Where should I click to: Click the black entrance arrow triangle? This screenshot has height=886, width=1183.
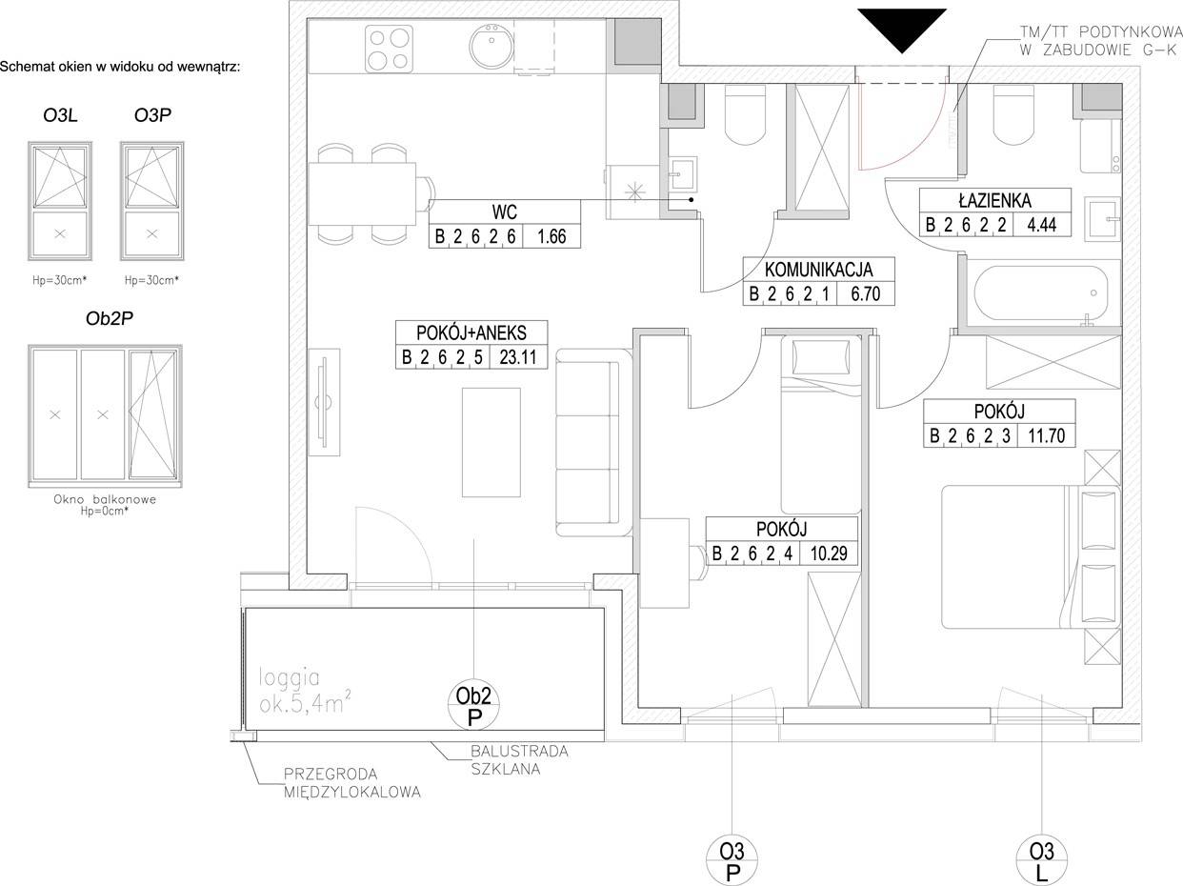(x=902, y=27)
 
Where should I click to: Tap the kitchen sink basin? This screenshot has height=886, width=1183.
(x=491, y=46)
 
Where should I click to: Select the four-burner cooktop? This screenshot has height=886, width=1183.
(x=388, y=49)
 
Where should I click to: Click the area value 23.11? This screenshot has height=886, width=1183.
(x=518, y=357)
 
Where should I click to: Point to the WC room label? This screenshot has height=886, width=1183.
(x=505, y=212)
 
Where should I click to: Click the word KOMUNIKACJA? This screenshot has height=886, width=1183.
(x=818, y=270)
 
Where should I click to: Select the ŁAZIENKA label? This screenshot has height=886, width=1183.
(x=995, y=200)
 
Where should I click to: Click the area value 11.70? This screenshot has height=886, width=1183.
(x=1046, y=435)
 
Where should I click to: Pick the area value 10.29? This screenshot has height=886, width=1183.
(x=829, y=554)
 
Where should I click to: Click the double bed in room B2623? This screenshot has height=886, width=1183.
(x=1030, y=556)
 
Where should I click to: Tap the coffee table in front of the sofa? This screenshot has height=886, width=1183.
(x=491, y=442)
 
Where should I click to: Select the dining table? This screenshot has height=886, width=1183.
(x=362, y=194)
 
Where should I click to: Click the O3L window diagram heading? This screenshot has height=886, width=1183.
(x=60, y=115)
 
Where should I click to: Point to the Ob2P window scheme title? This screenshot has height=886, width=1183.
(x=110, y=318)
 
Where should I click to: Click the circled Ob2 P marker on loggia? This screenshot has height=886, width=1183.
(x=473, y=704)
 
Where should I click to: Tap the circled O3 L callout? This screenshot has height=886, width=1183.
(x=1042, y=860)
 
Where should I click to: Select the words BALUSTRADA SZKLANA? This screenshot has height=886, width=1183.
(x=519, y=760)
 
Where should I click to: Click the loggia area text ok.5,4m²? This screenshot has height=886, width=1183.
(x=305, y=704)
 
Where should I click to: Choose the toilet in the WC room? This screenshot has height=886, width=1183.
(x=746, y=113)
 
